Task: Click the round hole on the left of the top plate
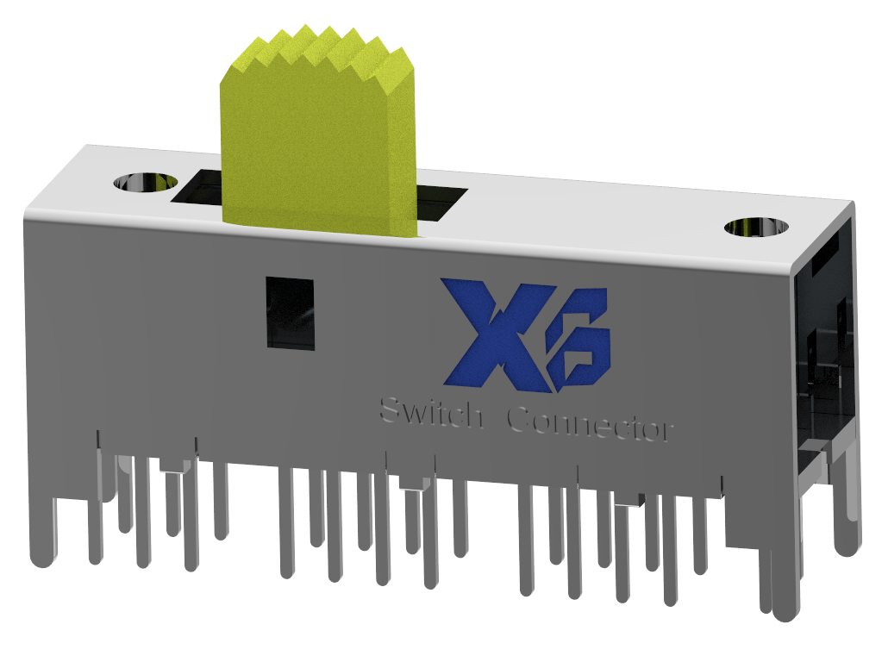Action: (x=145, y=183)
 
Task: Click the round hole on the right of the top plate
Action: (x=756, y=227)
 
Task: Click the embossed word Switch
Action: (x=431, y=415)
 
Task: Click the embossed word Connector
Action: (x=590, y=425)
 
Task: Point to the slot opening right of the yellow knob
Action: (x=441, y=205)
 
